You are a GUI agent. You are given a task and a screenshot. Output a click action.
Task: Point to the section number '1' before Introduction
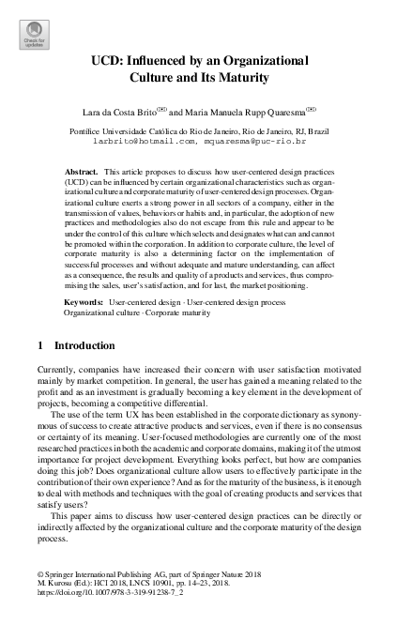click(x=40, y=320)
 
